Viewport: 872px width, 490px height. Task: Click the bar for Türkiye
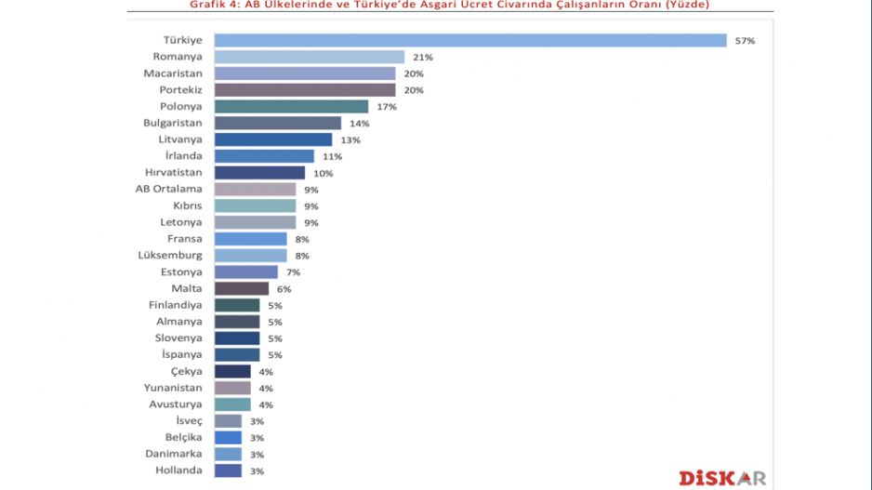pyautogui.click(x=470, y=40)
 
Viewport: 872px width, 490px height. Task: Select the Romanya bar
pyautogui.click(x=310, y=57)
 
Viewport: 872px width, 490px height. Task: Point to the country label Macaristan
pyautogui.click(x=173, y=73)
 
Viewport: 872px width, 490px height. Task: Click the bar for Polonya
pyautogui.click(x=291, y=107)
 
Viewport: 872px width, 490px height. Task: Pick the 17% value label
pyautogui.click(x=387, y=107)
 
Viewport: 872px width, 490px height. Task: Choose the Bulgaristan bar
pyautogui.click(x=278, y=123)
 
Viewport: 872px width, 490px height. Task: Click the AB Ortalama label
pyautogui.click(x=169, y=190)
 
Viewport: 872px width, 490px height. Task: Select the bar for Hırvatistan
pyautogui.click(x=259, y=173)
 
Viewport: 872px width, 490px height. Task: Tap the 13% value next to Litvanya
pyautogui.click(x=350, y=139)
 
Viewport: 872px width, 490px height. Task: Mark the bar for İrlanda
pyautogui.click(x=264, y=156)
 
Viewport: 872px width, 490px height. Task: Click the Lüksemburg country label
pyautogui.click(x=169, y=256)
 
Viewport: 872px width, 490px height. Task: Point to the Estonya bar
pyautogui.click(x=245, y=272)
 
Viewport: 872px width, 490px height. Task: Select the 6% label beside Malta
pyautogui.click(x=284, y=289)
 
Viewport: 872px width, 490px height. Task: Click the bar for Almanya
pyautogui.click(x=236, y=322)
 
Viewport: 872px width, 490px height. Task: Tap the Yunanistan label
pyautogui.click(x=173, y=388)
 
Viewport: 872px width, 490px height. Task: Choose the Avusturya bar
pyautogui.click(x=232, y=404)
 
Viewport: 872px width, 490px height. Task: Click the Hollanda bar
pyautogui.click(x=228, y=470)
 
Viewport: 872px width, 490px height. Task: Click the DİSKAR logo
pyautogui.click(x=722, y=477)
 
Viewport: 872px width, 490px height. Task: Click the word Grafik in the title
pyautogui.click(x=209, y=5)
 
